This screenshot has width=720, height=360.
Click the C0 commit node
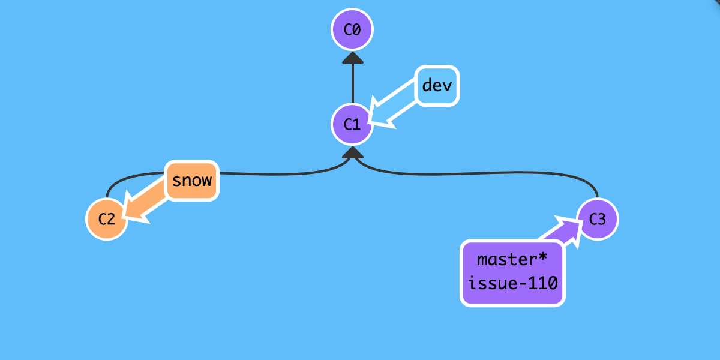[352, 29]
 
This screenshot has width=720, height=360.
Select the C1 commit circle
[352, 124]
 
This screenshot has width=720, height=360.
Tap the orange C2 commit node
[107, 219]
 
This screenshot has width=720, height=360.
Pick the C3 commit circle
[597, 219]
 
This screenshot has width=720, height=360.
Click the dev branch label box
[437, 85]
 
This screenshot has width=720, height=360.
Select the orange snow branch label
[192, 180]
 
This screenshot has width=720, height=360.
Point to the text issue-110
[513, 282]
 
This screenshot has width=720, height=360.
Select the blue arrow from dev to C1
[396, 111]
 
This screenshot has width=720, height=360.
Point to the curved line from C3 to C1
[480, 175]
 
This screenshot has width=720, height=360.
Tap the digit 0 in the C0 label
[357, 29]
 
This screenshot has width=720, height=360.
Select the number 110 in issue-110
[545, 282]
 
